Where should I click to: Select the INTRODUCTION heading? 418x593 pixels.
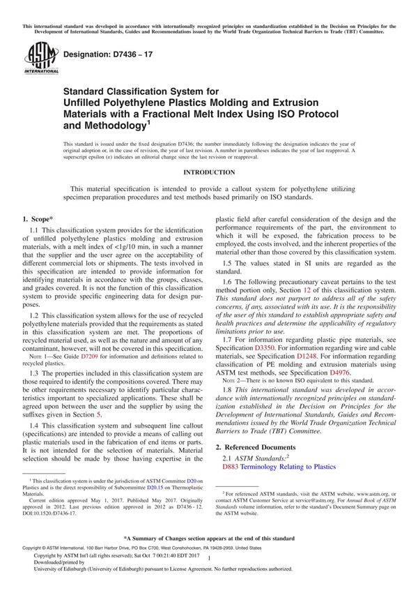209,172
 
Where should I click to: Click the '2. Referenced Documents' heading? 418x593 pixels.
255,446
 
